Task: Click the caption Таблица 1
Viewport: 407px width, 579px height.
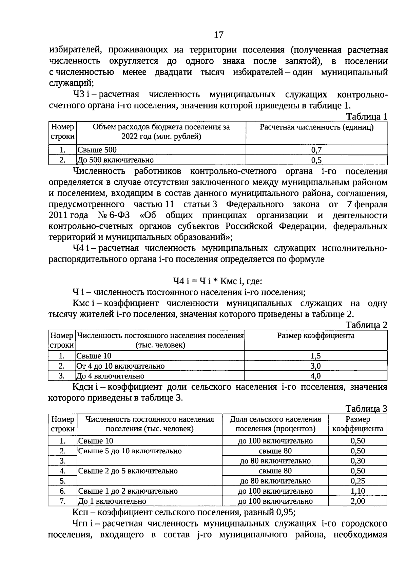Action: click(x=366, y=117)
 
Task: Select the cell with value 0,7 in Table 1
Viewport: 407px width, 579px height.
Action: click(x=316, y=150)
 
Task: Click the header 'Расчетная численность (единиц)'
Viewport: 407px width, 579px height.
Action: click(x=316, y=127)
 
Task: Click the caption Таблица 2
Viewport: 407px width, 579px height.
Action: click(x=366, y=325)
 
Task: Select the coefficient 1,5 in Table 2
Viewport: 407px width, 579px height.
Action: click(x=315, y=356)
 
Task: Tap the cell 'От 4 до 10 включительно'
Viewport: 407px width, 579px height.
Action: click(x=120, y=366)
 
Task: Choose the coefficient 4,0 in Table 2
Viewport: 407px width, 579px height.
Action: click(x=315, y=376)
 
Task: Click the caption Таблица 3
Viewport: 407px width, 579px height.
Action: click(x=366, y=409)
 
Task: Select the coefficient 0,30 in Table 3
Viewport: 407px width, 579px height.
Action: click(x=357, y=461)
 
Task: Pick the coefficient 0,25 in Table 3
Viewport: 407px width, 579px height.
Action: click(x=357, y=481)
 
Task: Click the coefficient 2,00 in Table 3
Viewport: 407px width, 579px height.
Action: click(x=357, y=501)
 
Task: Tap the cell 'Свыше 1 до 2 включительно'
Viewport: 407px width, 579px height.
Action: click(x=128, y=491)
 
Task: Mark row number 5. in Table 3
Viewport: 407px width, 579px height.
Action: click(x=62, y=481)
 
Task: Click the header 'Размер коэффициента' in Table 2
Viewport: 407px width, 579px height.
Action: click(x=315, y=336)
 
